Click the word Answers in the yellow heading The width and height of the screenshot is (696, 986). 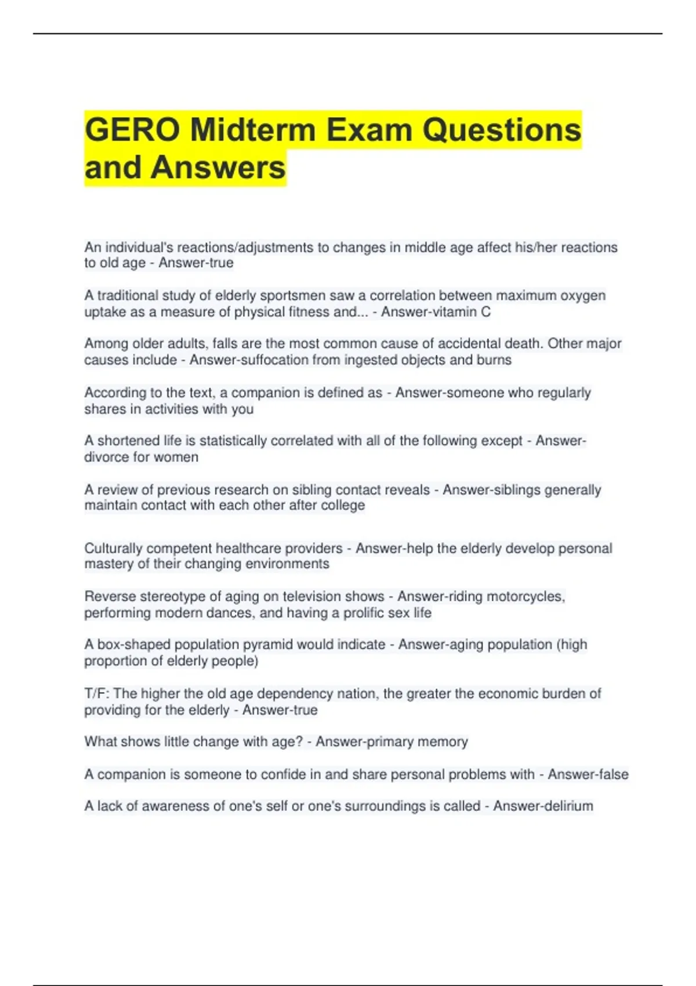[218, 168]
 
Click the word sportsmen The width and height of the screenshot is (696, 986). [293, 296]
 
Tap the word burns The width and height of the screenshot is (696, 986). [494, 360]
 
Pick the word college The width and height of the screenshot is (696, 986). [342, 505]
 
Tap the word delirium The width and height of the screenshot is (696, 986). [568, 806]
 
